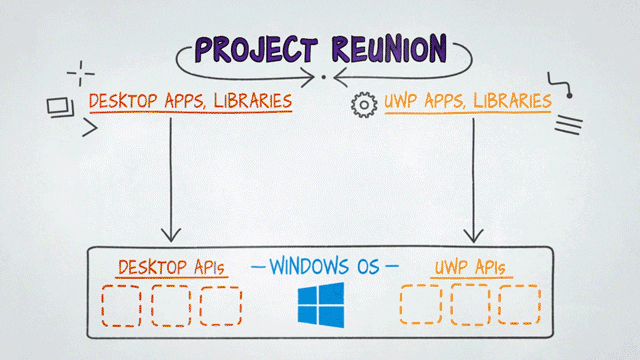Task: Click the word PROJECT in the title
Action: tap(255, 49)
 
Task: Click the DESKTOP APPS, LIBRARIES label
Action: tap(190, 101)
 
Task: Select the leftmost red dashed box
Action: tap(122, 306)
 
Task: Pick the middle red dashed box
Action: tap(171, 306)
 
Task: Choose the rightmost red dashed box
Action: tap(220, 306)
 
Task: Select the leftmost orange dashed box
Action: tap(420, 306)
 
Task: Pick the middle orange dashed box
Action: tap(470, 306)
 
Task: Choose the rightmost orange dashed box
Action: tap(518, 306)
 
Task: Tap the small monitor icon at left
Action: tap(58, 104)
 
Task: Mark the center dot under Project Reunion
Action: tap(323, 77)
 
